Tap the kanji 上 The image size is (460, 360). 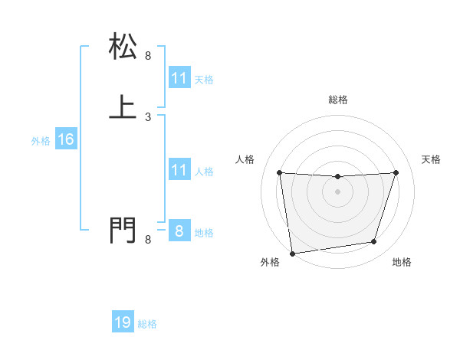coord(123,106)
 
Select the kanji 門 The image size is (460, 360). coord(123,230)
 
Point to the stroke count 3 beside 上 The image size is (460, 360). coord(148,117)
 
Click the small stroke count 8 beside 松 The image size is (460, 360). coord(148,56)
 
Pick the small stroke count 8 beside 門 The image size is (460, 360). coord(148,241)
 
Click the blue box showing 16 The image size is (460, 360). coord(65,139)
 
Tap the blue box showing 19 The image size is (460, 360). coord(123,322)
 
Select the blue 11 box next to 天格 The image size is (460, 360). coord(179,78)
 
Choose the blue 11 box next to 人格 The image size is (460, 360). coord(179,170)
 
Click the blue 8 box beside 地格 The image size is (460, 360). coord(179,231)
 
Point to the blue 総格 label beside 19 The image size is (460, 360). coord(147,324)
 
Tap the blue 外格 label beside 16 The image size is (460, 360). coord(41,141)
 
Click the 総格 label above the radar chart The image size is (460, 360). coord(337,100)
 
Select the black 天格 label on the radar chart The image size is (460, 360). coord(431,159)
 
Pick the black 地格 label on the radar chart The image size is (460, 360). coord(402,263)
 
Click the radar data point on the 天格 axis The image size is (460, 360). coord(396,173)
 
